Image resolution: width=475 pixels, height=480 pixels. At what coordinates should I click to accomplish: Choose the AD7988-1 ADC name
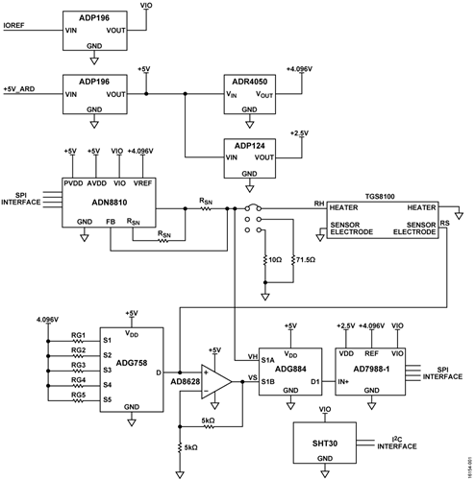pyautogui.click(x=365, y=369)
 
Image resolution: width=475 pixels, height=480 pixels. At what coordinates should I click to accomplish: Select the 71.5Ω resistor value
pyautogui.click(x=307, y=260)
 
